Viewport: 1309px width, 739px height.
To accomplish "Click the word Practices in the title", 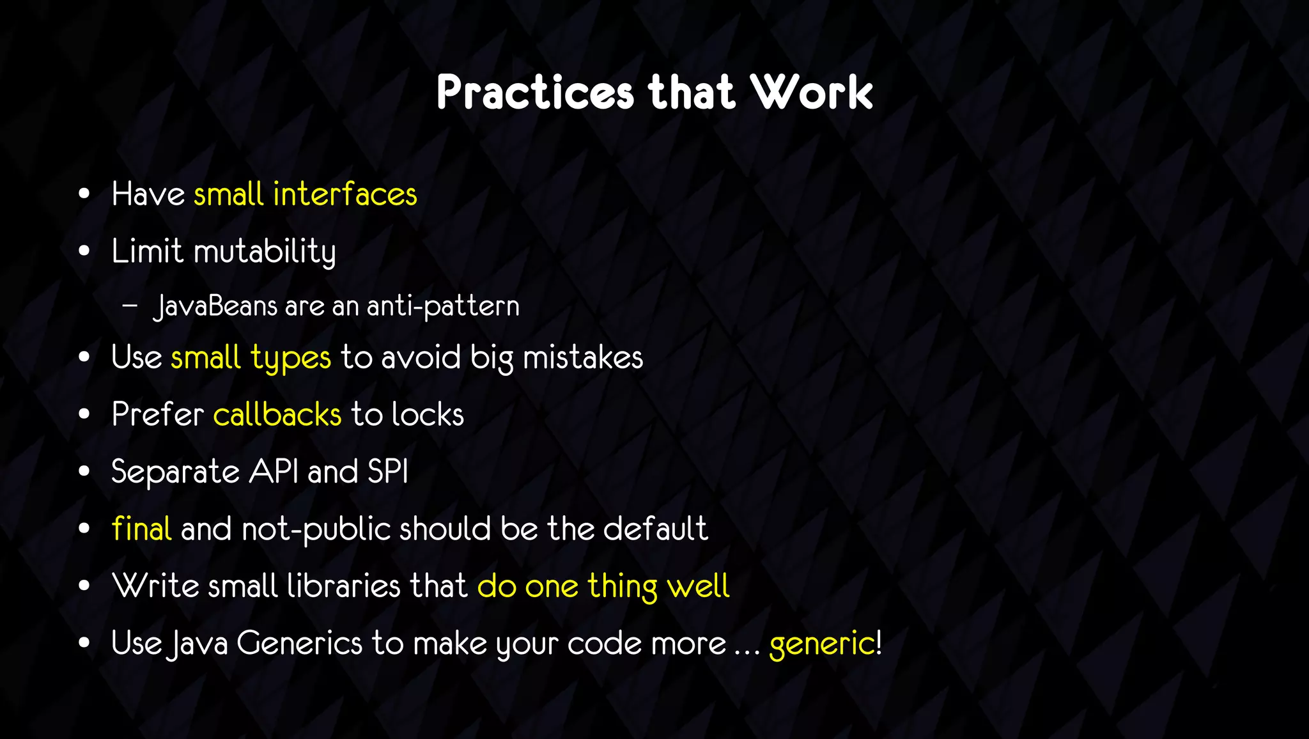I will point(535,93).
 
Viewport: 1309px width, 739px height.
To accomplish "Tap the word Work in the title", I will point(811,93).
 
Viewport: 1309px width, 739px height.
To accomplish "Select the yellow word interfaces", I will point(345,194).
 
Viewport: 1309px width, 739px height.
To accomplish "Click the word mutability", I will point(265,251).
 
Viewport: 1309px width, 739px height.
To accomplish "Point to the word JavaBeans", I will point(216,306).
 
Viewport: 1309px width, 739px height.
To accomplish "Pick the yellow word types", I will point(291,357).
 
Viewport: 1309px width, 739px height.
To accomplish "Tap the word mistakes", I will point(583,357).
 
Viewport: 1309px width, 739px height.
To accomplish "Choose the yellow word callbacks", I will point(277,414).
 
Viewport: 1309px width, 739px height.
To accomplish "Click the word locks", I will point(428,414).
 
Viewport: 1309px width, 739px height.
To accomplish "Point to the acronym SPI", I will point(388,472).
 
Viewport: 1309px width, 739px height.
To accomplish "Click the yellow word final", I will point(141,529).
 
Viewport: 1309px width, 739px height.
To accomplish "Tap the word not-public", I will point(316,529).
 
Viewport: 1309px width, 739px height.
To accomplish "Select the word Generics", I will point(300,643).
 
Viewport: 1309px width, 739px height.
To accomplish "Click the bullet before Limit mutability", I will point(84,251).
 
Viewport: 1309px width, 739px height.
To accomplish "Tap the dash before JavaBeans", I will point(130,306).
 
